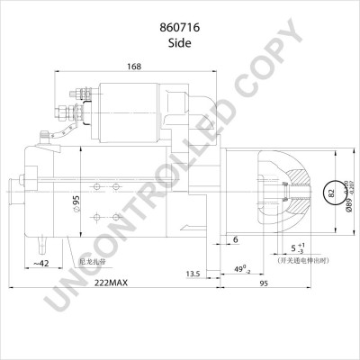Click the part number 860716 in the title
click(179, 26)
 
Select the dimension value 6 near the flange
click(236, 238)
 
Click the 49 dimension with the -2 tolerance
click(240, 270)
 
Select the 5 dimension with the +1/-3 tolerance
click(298, 248)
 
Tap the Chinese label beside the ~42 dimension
click(92, 261)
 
